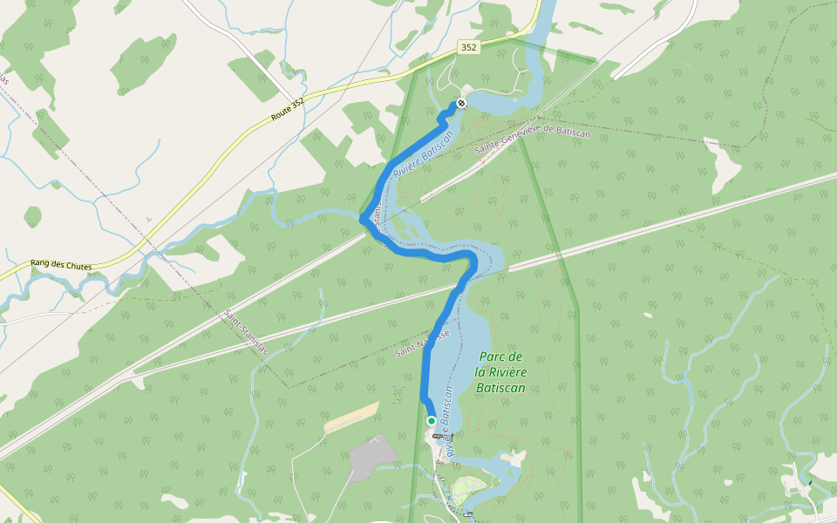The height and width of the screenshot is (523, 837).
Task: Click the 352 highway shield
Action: point(469,48)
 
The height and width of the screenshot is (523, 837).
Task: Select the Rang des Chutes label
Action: point(61,263)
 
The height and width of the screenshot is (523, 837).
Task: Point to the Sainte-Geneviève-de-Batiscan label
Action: point(532,141)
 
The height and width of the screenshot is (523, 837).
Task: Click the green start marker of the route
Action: point(431,421)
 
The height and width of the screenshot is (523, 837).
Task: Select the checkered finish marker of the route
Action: point(461,103)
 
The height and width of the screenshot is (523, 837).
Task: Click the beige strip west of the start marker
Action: point(351,418)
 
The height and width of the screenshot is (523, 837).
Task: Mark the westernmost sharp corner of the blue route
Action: point(361,219)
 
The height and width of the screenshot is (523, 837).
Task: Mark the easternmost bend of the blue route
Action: point(475,261)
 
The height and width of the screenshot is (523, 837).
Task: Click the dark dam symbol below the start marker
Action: point(438,435)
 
